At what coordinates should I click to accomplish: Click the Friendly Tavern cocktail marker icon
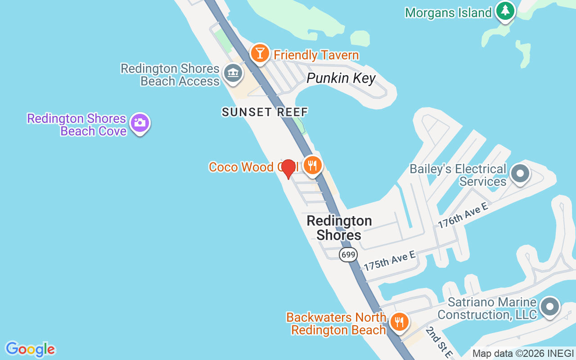point(260,53)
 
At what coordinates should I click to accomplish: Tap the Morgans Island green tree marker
point(505,11)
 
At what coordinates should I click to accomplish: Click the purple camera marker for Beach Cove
point(140,123)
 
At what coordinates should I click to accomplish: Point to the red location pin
point(288,169)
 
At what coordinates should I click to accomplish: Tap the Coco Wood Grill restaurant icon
point(312,165)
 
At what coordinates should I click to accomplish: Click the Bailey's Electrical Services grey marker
point(521,173)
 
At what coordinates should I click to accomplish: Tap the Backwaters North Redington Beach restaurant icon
point(399,322)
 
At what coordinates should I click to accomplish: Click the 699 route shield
point(348,255)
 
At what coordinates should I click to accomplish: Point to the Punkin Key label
point(341,78)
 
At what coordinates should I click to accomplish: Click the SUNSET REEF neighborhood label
point(265,112)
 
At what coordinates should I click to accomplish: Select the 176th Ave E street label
point(463,215)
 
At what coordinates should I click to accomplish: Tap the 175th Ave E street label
point(390,261)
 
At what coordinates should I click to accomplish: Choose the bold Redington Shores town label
point(339,228)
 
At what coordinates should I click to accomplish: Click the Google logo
point(30,349)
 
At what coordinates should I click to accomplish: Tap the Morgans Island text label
point(448,13)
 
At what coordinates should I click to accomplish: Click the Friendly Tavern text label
point(316,55)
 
